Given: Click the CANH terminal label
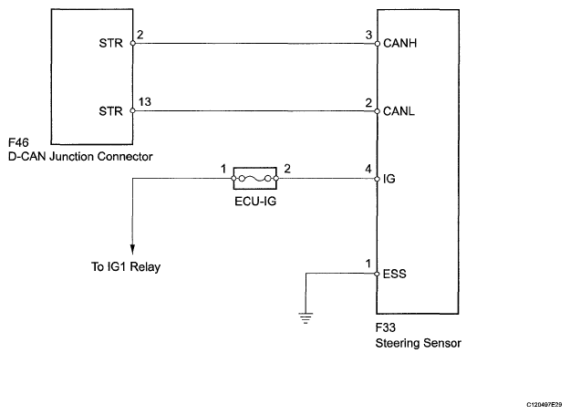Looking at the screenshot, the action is (x=399, y=43).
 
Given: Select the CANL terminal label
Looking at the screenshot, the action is (x=399, y=111).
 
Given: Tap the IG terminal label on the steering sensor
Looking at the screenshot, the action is (x=389, y=179).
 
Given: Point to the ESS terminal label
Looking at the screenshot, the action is (x=394, y=274).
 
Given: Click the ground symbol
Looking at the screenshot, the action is (x=306, y=318).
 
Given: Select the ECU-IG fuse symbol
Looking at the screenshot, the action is (x=254, y=178).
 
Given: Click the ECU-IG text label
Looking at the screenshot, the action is (x=255, y=201).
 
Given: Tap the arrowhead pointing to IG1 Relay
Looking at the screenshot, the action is (x=132, y=249).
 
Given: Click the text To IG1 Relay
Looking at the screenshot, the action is (x=126, y=266).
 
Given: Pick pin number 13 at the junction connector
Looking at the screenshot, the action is (x=145, y=102).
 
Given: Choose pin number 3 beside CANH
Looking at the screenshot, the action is (x=368, y=35).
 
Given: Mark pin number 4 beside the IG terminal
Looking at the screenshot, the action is (x=368, y=169).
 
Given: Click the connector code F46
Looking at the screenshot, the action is (x=18, y=142).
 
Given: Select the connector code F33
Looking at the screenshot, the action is (x=386, y=327).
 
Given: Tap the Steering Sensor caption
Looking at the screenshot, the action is (x=418, y=343).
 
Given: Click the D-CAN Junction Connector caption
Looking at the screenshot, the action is (x=80, y=157).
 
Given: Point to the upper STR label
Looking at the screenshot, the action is (x=111, y=43).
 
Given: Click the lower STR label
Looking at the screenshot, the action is (x=111, y=111).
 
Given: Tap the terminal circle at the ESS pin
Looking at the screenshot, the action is (x=377, y=274).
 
